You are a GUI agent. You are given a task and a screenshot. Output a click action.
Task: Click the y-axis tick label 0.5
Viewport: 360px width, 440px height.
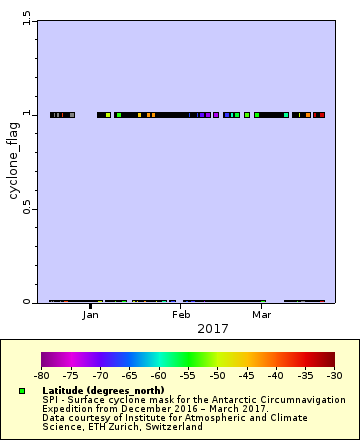26,208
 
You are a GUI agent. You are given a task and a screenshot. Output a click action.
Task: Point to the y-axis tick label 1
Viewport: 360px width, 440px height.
26,114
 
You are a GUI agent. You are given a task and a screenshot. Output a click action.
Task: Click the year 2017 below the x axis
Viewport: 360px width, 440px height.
213,328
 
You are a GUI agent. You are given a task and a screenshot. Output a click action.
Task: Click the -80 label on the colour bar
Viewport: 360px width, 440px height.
41,376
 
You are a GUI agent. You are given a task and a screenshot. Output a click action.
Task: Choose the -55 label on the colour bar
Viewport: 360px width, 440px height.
188,376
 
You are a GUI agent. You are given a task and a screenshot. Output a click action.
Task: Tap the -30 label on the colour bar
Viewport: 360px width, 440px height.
334,376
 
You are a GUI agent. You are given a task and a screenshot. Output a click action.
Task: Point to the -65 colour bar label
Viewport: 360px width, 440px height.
129,376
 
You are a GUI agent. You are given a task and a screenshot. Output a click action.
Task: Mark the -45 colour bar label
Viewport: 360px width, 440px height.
246,376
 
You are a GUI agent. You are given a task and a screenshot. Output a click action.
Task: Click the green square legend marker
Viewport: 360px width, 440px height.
22,390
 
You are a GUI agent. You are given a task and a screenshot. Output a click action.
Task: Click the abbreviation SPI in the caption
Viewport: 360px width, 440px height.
51,399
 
